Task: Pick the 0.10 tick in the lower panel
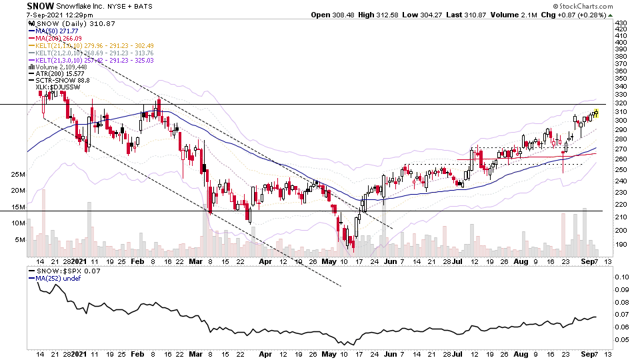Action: point(621,276)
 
